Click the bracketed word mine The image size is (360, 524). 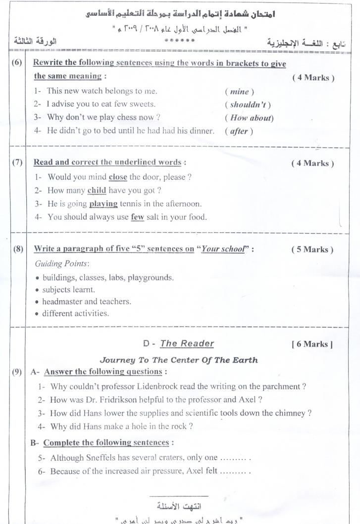tap(239, 92)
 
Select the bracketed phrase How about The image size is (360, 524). tap(249, 118)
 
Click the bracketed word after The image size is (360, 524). tap(238, 131)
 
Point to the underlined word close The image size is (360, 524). tap(114, 177)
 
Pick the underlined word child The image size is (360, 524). tap(97, 190)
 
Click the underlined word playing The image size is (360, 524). tap(103, 203)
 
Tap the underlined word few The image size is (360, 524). tap(137, 216)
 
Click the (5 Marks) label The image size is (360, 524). tap(312, 249)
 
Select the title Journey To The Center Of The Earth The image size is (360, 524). tap(179, 360)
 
